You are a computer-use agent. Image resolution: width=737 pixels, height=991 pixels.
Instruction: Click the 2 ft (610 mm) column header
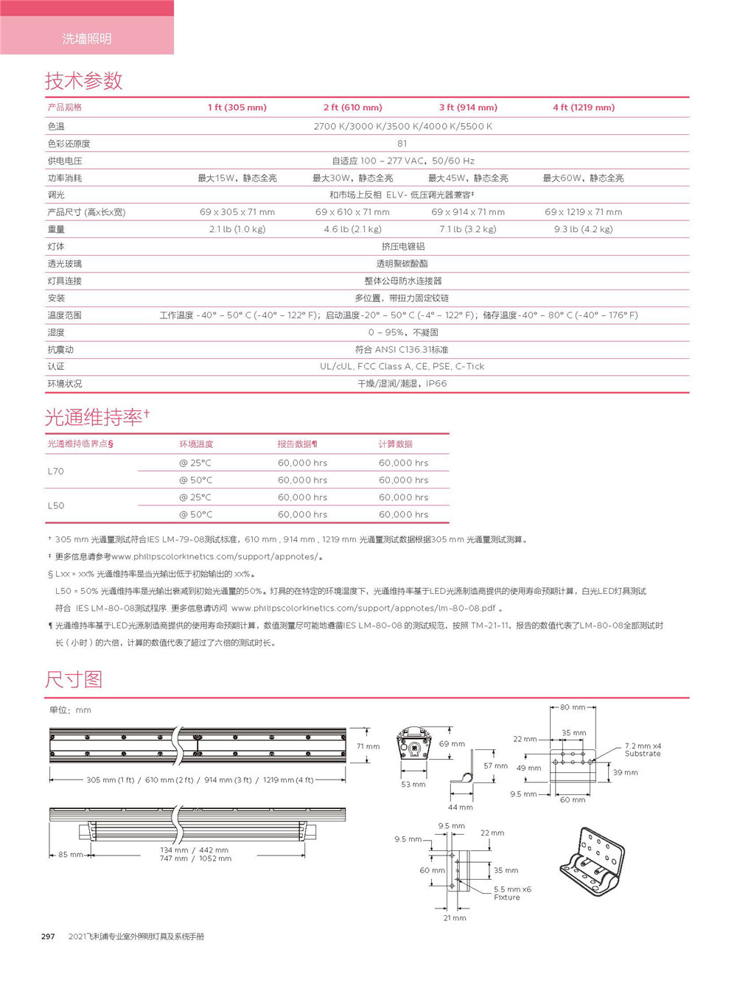[352, 108]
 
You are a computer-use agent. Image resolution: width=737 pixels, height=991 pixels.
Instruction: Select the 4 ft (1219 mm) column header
[583, 108]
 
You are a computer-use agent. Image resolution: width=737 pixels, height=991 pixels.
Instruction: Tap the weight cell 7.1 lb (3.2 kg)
[467, 229]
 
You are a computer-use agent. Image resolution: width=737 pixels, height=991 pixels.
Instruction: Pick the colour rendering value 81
[402, 144]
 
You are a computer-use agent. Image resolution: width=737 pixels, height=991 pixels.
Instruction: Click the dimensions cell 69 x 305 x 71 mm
[237, 212]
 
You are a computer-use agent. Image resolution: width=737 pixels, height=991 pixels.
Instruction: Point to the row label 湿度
[56, 332]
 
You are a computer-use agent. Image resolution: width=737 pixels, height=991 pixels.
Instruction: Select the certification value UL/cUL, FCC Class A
[402, 366]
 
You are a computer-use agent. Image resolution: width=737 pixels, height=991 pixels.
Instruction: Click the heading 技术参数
[83, 80]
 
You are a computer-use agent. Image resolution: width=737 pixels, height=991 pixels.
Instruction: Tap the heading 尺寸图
[73, 679]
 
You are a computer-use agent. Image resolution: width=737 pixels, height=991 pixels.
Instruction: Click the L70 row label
[56, 472]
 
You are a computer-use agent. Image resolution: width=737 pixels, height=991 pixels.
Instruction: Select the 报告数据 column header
[297, 444]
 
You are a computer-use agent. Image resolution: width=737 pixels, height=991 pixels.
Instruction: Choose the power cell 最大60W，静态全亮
[583, 178]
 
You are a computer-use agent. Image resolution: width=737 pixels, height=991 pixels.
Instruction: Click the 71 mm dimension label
[368, 746]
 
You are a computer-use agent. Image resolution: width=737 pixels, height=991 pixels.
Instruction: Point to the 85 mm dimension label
[70, 855]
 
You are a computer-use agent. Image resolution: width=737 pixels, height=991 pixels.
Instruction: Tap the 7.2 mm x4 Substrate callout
[643, 750]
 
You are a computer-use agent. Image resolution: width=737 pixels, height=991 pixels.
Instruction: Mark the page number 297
[48, 936]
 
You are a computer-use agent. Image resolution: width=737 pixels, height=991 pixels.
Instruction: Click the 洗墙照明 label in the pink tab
[87, 38]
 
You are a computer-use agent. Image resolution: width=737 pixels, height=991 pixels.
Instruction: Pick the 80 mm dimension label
[573, 707]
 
